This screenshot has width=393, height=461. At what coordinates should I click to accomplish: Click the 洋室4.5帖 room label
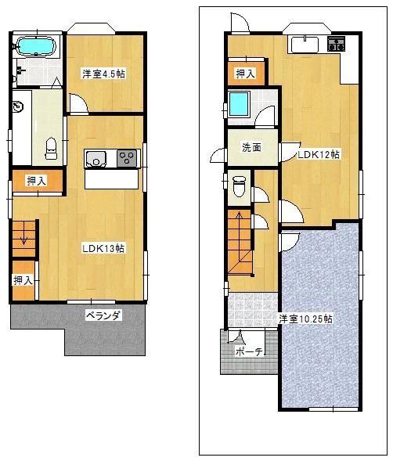pos(105,74)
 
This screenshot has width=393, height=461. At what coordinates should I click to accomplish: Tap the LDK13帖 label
pos(105,248)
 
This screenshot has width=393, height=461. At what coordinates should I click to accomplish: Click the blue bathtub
pos(36,47)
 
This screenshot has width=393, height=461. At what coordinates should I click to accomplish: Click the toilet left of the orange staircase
pos(240,186)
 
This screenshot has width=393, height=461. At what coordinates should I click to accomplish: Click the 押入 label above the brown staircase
pos(36,181)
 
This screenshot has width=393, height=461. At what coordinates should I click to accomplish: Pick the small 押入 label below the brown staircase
pos(22,279)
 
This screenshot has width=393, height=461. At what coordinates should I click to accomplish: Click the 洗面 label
pos(251,146)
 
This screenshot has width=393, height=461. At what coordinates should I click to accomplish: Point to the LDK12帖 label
pos(318,154)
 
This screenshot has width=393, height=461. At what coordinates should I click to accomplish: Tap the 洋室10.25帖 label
pos(306,319)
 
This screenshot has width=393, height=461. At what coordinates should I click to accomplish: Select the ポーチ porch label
pos(251,351)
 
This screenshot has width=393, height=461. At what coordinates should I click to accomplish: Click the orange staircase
pos(241,242)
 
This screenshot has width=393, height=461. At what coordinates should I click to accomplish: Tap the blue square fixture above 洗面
pos(238,103)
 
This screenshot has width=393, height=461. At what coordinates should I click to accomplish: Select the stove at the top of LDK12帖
pos(337,44)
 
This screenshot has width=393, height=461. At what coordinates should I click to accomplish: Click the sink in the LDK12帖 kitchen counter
pos(305,44)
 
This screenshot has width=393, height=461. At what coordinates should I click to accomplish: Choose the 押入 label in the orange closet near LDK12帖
pos(246,74)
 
